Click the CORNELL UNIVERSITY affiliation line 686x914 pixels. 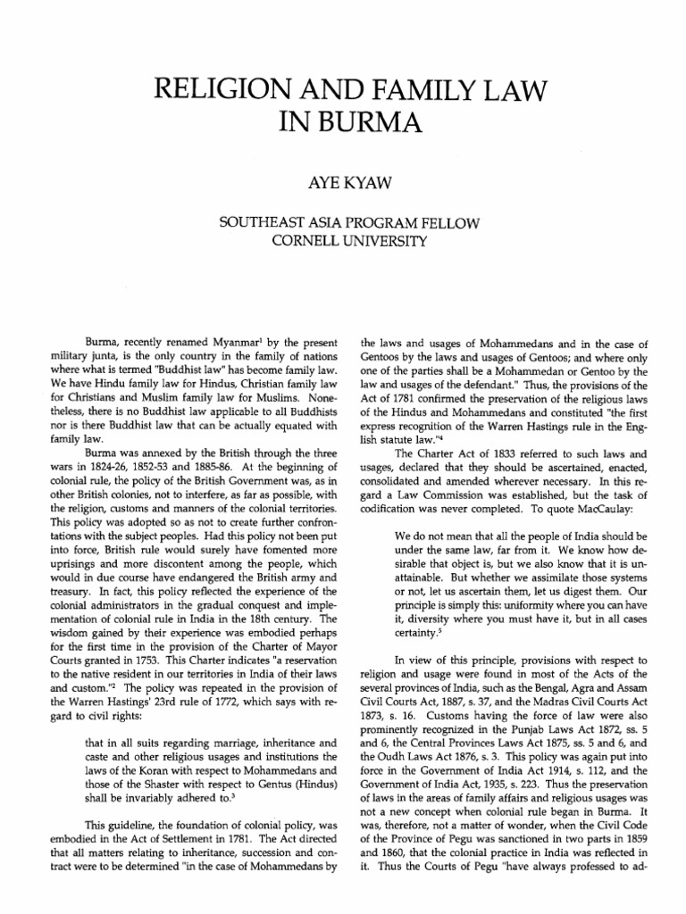[343, 242]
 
